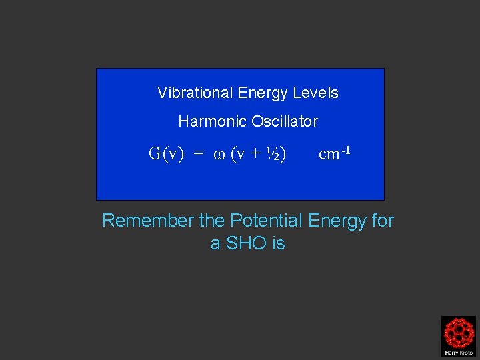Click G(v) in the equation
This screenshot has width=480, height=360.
(166, 154)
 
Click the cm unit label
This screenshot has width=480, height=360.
(329, 155)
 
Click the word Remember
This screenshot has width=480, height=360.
(147, 220)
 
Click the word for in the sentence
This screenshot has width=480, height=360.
(381, 220)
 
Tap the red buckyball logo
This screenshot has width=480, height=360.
(459, 332)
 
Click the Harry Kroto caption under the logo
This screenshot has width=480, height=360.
(459, 352)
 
